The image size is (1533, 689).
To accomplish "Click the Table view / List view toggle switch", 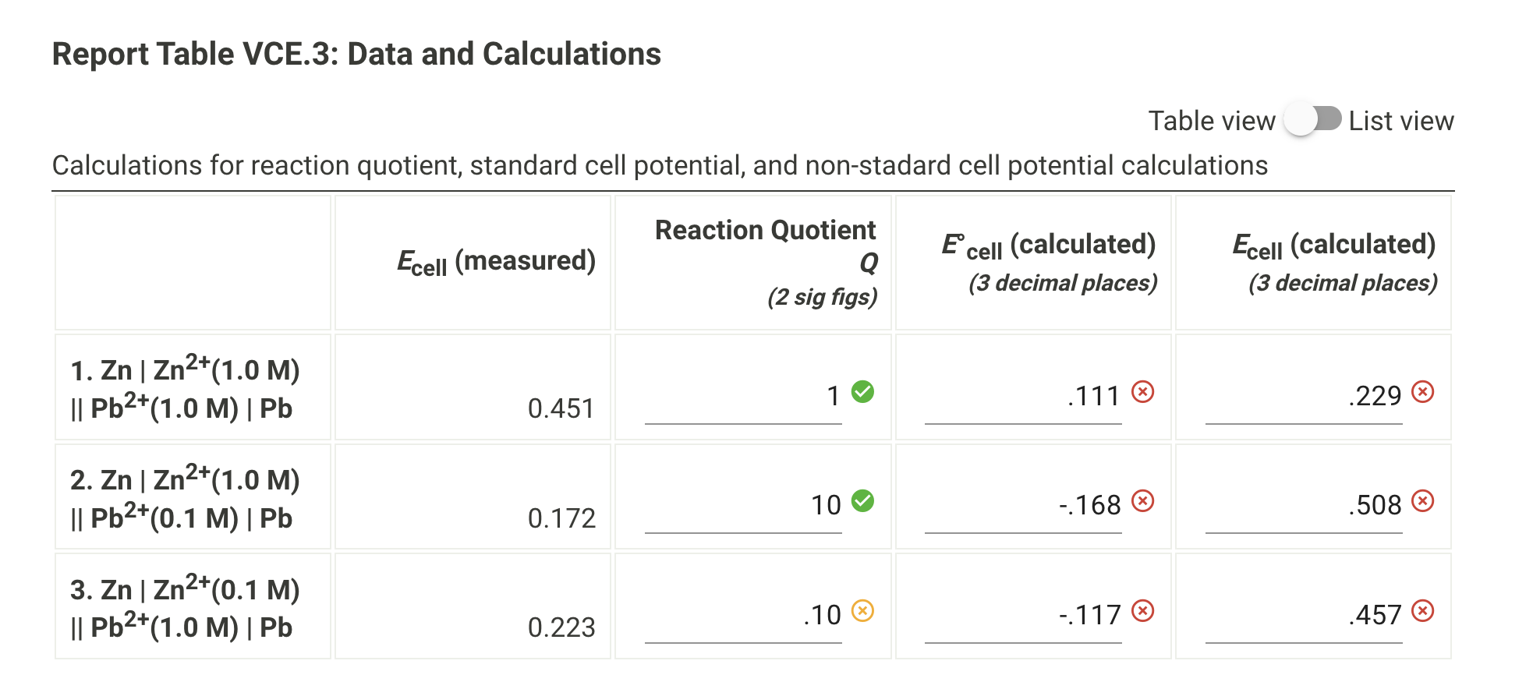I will point(1313,120).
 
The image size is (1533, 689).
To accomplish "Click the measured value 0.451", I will point(561,408).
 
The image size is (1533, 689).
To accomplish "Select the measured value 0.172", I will point(561,518).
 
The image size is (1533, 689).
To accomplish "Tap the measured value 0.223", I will point(561,627).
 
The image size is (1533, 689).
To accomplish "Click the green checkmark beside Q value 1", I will point(862,391).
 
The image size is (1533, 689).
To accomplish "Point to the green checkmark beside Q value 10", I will point(862,500).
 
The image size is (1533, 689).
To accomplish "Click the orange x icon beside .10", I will point(862,610).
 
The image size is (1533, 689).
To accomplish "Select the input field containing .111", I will point(1023,397).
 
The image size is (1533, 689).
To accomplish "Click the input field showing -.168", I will point(1023,507).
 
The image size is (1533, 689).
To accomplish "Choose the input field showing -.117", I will point(1023,617).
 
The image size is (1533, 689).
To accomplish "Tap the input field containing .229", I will point(1304,397).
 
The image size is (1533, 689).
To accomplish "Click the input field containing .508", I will point(1304,507).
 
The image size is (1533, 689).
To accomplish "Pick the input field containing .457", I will point(1304,617).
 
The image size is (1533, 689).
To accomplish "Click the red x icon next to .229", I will point(1423,391).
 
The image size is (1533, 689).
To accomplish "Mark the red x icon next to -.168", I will point(1143,500).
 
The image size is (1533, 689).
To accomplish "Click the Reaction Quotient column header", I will point(765,231).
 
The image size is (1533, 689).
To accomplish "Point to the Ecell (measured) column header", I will point(496,261).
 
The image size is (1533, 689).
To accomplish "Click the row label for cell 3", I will point(185,608).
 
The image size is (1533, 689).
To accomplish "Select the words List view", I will point(1401,121).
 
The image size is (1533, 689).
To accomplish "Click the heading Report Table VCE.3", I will point(356,54).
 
